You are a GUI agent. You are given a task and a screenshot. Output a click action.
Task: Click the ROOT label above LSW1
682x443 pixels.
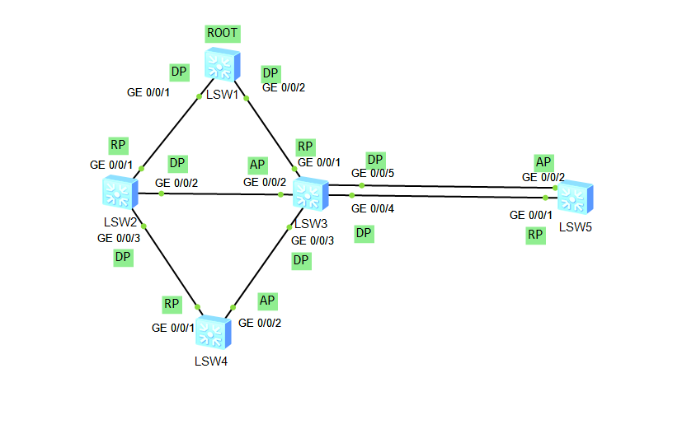click(223, 34)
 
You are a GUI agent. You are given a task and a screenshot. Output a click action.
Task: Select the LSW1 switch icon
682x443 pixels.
click(222, 64)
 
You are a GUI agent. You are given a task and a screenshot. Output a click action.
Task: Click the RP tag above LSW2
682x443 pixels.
click(119, 146)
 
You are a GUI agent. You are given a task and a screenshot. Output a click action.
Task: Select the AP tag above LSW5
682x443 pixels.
click(543, 161)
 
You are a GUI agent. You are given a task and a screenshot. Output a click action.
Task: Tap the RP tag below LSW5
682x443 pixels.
click(536, 235)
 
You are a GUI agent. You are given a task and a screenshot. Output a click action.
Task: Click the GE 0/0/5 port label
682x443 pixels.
click(373, 174)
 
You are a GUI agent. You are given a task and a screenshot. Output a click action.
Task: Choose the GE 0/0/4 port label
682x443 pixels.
click(373, 209)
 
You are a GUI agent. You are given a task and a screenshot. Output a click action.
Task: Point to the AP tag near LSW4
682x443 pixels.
click(267, 301)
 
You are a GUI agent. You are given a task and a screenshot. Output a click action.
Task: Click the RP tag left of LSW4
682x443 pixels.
click(172, 305)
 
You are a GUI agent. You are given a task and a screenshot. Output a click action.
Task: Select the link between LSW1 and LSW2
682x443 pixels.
click(171, 132)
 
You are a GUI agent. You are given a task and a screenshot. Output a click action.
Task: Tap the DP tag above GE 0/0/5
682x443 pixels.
click(376, 159)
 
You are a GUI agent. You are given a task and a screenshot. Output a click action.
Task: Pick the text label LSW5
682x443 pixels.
click(576, 226)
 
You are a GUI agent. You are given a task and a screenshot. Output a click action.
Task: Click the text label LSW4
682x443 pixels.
click(211, 360)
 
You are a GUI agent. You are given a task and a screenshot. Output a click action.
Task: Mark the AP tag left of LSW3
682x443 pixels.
click(258, 165)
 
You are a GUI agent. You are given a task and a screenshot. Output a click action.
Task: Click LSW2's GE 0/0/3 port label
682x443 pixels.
click(119, 239)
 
